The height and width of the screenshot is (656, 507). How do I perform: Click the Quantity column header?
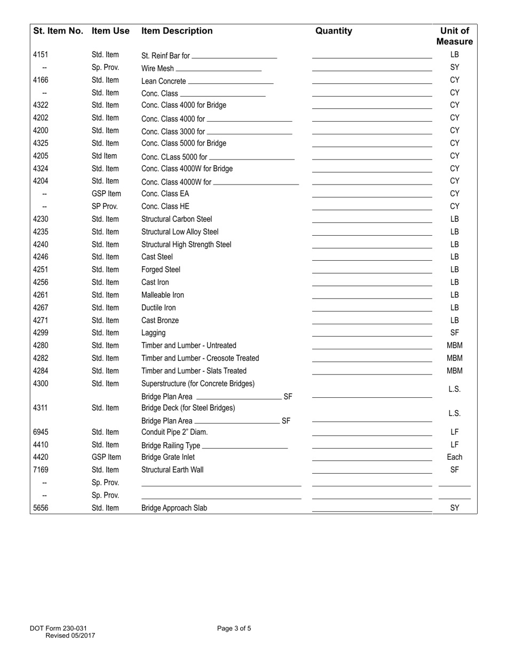pyautogui.click(x=334, y=31)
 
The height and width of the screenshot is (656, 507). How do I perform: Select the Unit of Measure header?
pyautogui.click(x=454, y=36)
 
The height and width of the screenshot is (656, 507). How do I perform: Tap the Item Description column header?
pyautogui.click(x=177, y=31)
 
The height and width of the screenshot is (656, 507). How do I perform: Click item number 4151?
pyautogui.click(x=41, y=55)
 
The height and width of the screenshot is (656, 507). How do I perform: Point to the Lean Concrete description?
pyautogui.click(x=163, y=81)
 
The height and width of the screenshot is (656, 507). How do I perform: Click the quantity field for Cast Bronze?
pyautogui.click(x=371, y=320)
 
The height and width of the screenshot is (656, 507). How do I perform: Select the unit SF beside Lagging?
pyautogui.click(x=454, y=333)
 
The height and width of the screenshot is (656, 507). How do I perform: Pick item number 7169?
pyautogui.click(x=41, y=470)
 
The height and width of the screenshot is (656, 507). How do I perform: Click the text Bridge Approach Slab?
pyautogui.click(x=174, y=508)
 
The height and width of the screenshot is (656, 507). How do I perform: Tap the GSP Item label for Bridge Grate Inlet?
pyautogui.click(x=106, y=457)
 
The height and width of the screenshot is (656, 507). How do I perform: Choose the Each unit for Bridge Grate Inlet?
pyautogui.click(x=454, y=457)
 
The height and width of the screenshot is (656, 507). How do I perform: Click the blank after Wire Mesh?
pyautogui.click(x=218, y=69)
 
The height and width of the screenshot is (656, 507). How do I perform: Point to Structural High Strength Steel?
pyautogui.click(x=186, y=244)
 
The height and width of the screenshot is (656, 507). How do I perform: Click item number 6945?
pyautogui.click(x=41, y=432)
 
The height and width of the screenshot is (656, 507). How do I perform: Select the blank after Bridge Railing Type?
pyautogui.click(x=244, y=446)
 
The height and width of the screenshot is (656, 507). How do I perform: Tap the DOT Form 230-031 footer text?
pyautogui.click(x=58, y=628)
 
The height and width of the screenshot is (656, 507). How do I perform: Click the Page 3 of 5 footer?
pyautogui.click(x=234, y=628)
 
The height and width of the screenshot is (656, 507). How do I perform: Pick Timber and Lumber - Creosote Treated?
pyautogui.click(x=200, y=358)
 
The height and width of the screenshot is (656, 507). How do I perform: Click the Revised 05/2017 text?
pyautogui.click(x=70, y=635)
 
